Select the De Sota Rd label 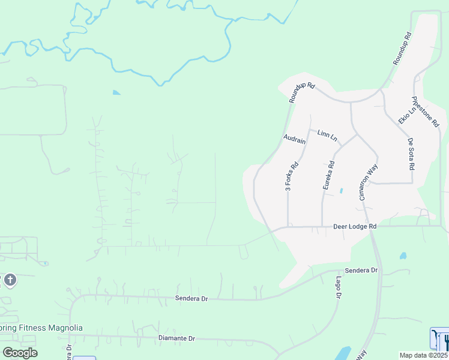click(x=411, y=154)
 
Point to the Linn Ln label click(x=328, y=136)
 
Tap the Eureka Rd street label click(x=328, y=175)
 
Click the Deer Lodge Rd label click(x=355, y=226)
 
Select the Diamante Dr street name click(x=176, y=338)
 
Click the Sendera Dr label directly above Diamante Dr click(x=191, y=298)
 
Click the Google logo click(x=20, y=353)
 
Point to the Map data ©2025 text click(x=423, y=355)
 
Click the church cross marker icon click(x=10, y=280)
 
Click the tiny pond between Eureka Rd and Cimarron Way click(x=341, y=191)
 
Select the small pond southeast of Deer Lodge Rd click(x=402, y=256)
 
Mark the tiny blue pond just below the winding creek click(x=116, y=92)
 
